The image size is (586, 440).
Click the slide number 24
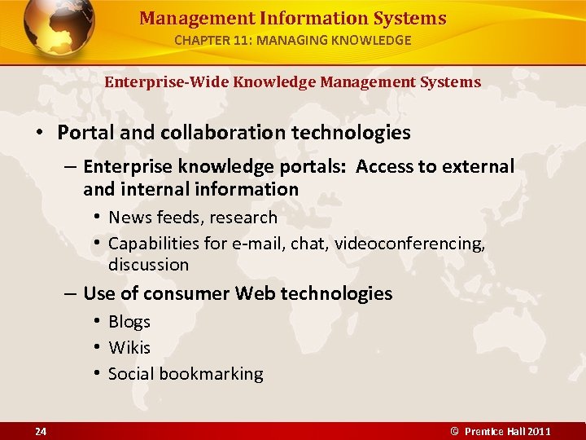tap(41, 431)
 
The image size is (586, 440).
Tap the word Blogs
tap(129, 322)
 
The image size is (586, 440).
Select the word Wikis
tap(129, 348)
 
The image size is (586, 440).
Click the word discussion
tap(148, 265)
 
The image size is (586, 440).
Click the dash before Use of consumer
tap(71, 293)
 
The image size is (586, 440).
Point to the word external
tap(478, 167)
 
